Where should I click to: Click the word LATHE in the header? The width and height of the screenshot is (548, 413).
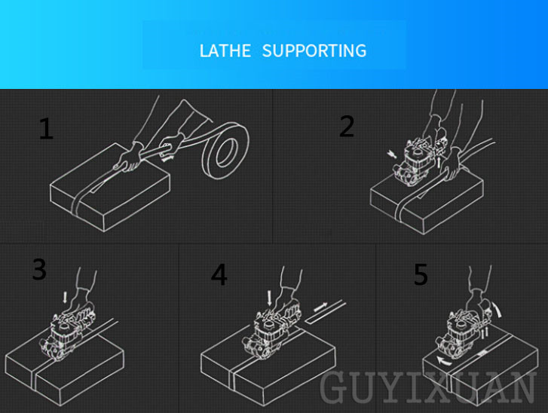click(225, 50)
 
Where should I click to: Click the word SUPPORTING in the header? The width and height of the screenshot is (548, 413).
click(314, 50)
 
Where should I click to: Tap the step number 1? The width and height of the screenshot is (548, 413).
click(46, 129)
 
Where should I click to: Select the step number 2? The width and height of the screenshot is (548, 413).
click(347, 126)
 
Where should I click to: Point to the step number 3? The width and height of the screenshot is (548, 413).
click(39, 269)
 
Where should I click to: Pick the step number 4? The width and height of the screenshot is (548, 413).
click(219, 275)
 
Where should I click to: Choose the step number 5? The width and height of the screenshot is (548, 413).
click(421, 274)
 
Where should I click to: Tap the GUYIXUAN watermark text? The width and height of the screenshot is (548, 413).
click(427, 387)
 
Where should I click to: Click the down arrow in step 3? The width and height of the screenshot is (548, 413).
click(65, 298)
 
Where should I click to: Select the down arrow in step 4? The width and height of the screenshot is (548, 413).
click(269, 298)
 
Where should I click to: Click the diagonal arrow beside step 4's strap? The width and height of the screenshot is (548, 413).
click(321, 307)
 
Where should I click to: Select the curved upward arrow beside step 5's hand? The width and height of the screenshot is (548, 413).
click(497, 309)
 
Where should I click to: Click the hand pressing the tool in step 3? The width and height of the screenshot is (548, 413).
click(81, 303)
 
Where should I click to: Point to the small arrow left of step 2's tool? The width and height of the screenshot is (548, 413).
click(391, 154)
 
